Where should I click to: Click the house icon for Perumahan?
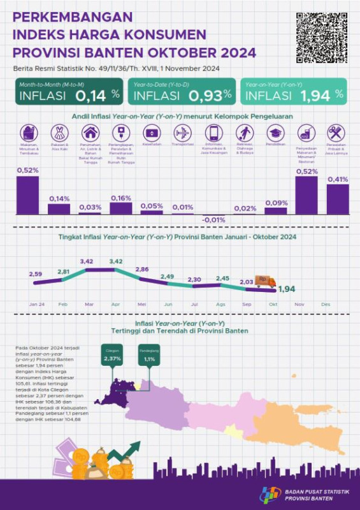point(90,134)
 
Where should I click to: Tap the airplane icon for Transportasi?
point(182,134)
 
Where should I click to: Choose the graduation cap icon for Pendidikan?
point(275,133)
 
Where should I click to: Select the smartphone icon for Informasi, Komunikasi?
point(213,134)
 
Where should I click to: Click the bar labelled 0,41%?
point(337,199)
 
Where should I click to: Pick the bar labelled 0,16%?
point(121,208)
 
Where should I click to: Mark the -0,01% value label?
point(213,221)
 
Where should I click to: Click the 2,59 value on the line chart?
point(36,274)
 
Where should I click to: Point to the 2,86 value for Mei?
point(141,269)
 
